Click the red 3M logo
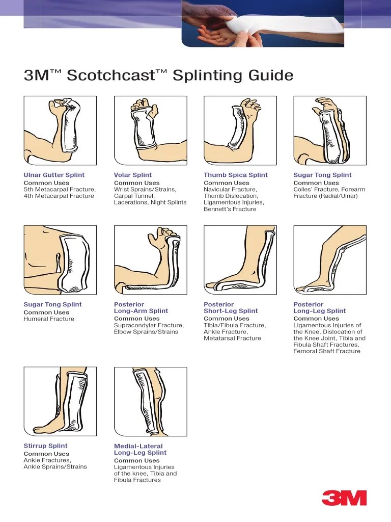(344, 497)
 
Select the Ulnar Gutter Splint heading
(54, 175)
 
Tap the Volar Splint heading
(133, 175)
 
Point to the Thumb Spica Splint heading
(235, 175)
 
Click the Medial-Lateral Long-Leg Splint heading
(140, 449)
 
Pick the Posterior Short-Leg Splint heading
(231, 307)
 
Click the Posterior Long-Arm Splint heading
(141, 307)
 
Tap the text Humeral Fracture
(49, 319)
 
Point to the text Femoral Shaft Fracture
(326, 351)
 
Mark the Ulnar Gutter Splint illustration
(60, 130)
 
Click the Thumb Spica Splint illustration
(240, 130)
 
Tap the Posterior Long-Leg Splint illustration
(329, 260)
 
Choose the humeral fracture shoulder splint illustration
(60, 260)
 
